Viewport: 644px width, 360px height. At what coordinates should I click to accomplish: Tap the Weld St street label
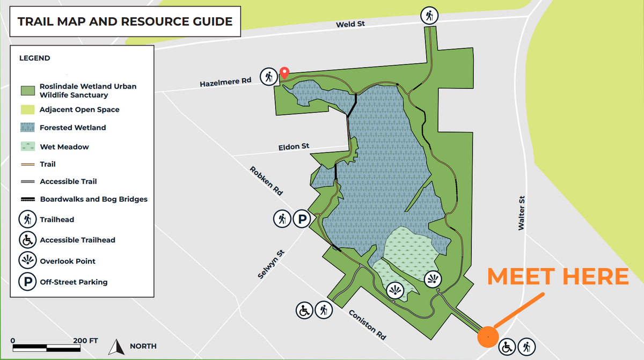[x=347, y=25]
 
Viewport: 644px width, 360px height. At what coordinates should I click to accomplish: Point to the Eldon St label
[x=294, y=146]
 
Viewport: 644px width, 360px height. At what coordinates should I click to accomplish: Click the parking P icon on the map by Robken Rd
[x=302, y=219]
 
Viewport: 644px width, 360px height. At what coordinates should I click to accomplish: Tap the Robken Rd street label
[x=266, y=180]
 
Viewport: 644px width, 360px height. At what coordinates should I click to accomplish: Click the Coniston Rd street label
[x=368, y=325]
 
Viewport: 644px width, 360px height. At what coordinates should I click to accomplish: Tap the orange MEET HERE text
[x=558, y=276]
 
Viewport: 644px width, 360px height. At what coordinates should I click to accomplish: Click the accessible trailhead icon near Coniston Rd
[x=304, y=310]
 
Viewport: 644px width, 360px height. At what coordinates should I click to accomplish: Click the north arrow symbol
[x=114, y=347]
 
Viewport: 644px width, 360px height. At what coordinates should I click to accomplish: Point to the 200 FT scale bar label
[x=86, y=340]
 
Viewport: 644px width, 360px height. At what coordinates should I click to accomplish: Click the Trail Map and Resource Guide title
[x=125, y=22]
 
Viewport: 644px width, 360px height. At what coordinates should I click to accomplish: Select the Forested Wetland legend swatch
[x=27, y=128]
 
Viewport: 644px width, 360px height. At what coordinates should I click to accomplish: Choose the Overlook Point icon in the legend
[x=27, y=261]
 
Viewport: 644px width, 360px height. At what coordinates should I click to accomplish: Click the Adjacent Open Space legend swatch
[x=27, y=109]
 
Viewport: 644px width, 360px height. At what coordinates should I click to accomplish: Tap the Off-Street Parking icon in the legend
[x=27, y=282]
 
